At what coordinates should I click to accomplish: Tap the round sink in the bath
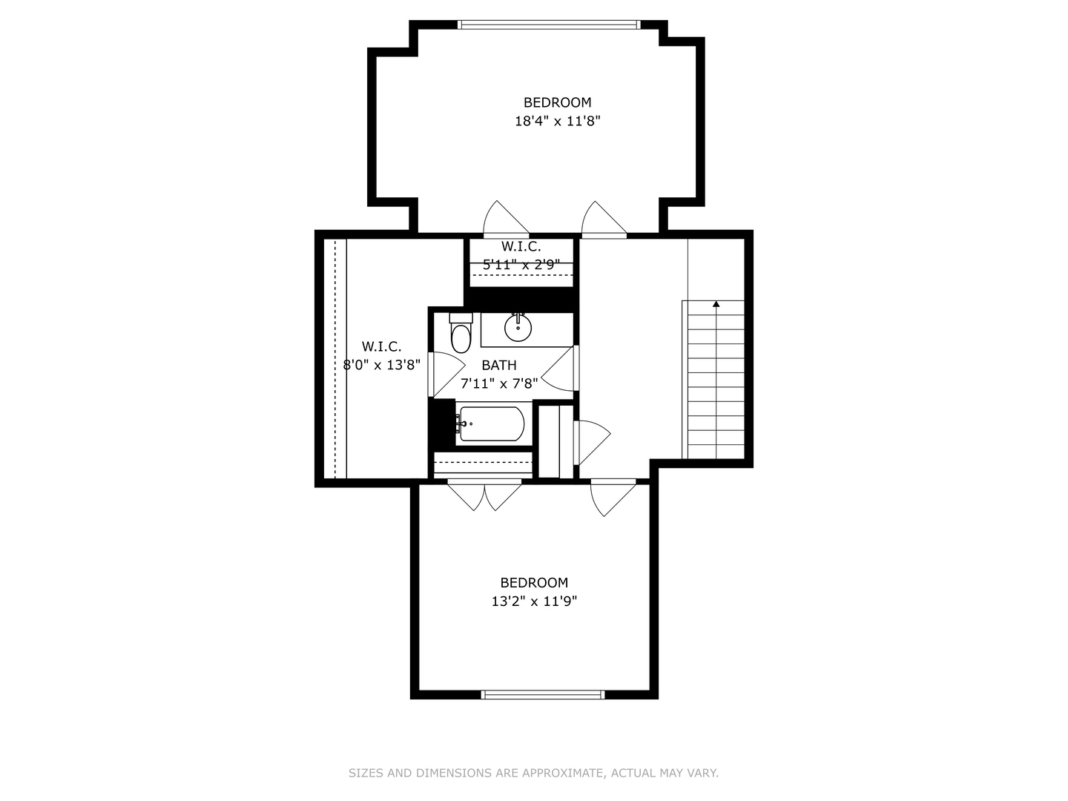(x=518, y=326)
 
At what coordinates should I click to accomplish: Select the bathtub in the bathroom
(x=491, y=424)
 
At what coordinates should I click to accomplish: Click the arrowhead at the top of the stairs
(x=716, y=304)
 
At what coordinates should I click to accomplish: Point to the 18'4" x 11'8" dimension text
(x=557, y=121)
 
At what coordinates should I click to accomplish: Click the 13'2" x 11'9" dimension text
(x=534, y=601)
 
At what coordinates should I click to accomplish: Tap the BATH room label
(x=498, y=365)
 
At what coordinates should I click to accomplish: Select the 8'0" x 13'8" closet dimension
(x=381, y=365)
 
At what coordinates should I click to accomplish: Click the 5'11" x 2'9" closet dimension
(x=521, y=264)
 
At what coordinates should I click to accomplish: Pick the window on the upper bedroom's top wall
(x=549, y=24)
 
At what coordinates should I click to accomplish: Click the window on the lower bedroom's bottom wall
(x=543, y=695)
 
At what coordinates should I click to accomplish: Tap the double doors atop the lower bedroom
(x=484, y=495)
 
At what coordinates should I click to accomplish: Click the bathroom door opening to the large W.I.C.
(x=445, y=375)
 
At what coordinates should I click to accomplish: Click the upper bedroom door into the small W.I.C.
(x=504, y=218)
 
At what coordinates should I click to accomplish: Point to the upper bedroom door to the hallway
(x=603, y=219)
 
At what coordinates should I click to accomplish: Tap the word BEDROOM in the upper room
(x=557, y=102)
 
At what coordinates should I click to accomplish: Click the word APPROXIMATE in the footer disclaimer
(x=563, y=773)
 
